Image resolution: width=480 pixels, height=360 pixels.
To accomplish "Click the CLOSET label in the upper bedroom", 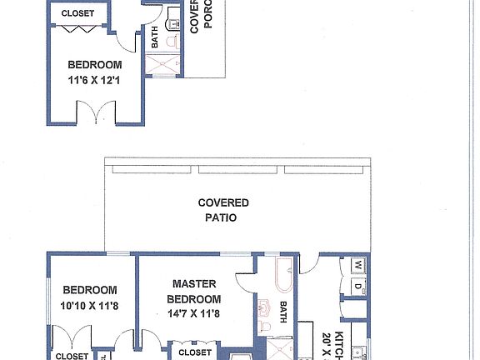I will click(x=77, y=14).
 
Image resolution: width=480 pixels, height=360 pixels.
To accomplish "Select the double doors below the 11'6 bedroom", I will click(x=94, y=112).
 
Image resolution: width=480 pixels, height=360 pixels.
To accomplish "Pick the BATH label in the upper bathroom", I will click(x=155, y=37).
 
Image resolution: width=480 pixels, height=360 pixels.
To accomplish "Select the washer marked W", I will click(x=357, y=266).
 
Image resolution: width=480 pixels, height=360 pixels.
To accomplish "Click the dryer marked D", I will click(x=357, y=287).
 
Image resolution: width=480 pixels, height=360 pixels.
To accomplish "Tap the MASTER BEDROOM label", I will click(x=193, y=292).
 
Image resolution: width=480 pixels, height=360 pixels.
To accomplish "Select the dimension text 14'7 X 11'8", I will click(x=193, y=313).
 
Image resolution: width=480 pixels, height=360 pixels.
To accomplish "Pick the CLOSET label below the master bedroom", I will click(x=195, y=352).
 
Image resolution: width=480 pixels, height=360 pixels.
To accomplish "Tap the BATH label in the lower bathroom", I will click(x=283, y=312).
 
